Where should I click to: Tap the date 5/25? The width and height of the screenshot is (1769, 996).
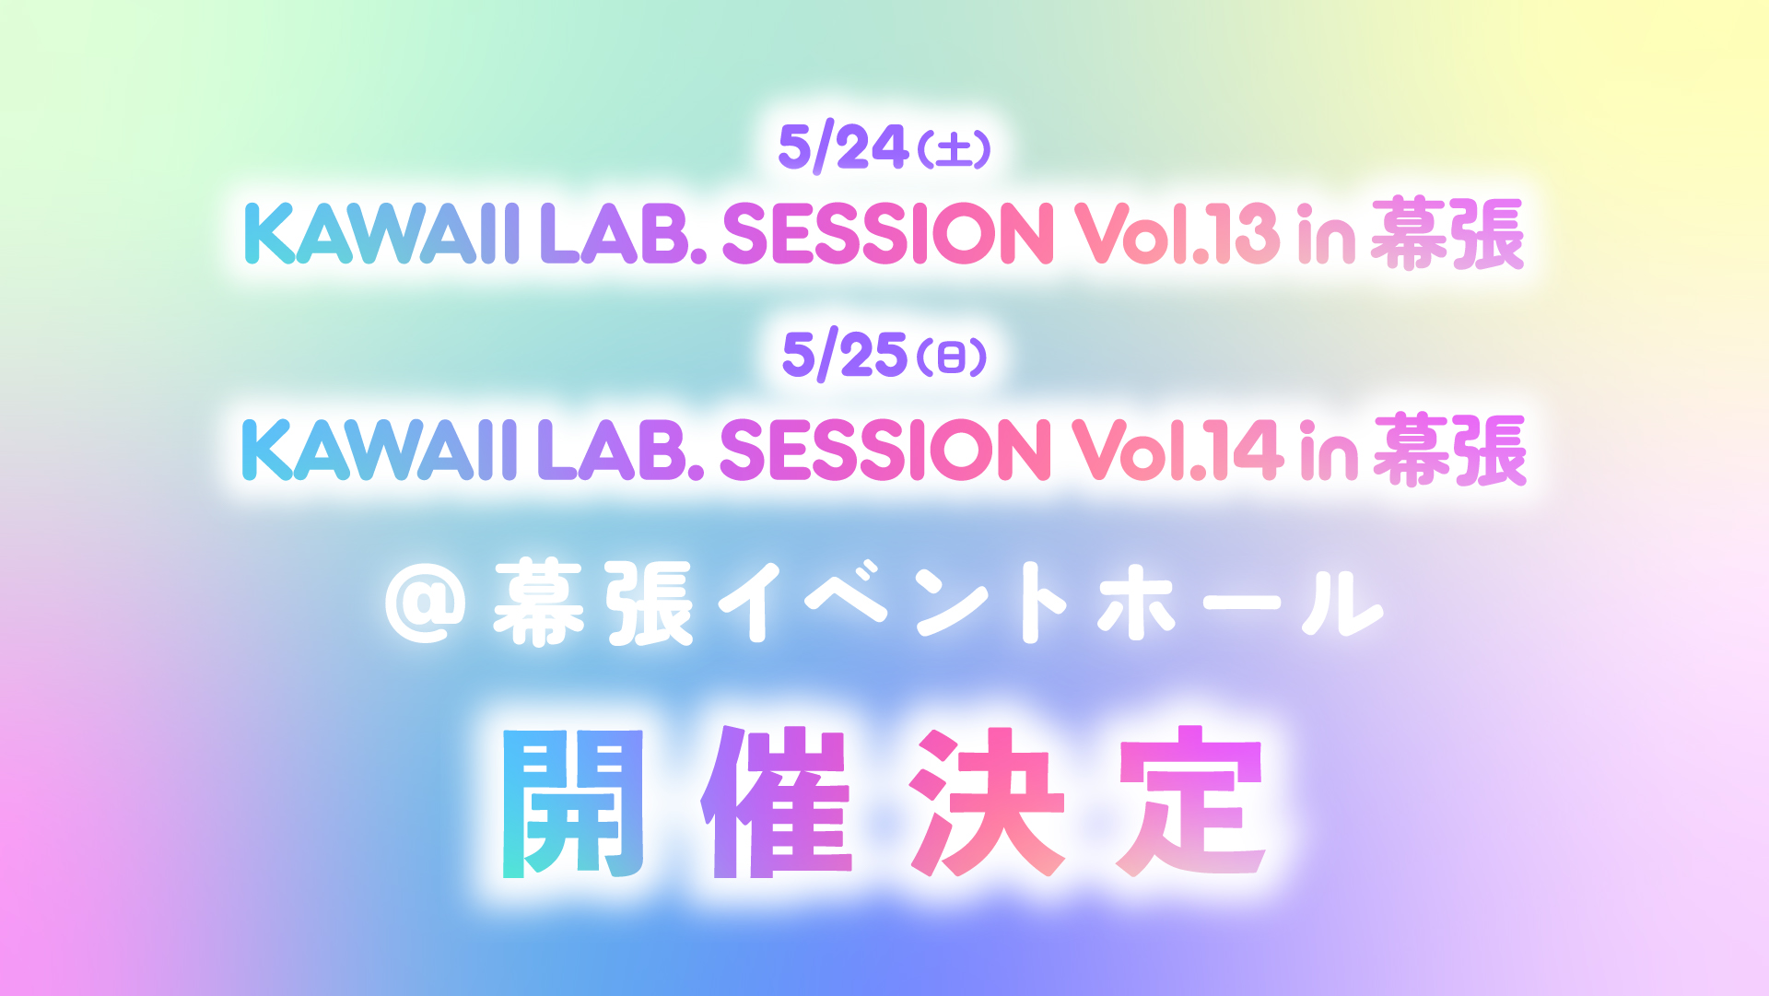point(845,355)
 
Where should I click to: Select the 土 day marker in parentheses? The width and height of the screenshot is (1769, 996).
point(955,149)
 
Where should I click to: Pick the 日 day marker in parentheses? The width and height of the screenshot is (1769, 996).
point(952,357)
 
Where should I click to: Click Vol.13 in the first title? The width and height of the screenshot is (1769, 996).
point(1177,233)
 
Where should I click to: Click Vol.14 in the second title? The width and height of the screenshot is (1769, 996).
point(1177,451)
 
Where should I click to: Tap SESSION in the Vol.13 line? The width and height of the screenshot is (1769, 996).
point(887,233)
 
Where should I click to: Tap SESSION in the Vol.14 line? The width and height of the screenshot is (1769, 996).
point(884,451)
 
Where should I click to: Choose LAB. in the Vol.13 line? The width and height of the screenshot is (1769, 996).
point(623,233)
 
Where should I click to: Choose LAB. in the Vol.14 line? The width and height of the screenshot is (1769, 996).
point(620,451)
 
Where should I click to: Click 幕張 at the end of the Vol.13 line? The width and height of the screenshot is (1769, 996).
point(1447,234)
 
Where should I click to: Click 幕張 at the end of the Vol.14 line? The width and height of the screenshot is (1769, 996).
point(1450,451)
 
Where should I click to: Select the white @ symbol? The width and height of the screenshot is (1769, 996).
point(425,604)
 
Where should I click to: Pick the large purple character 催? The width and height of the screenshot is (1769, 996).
point(777,802)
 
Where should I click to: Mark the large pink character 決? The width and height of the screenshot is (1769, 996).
point(987,802)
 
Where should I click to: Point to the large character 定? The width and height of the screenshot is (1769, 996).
point(1192,802)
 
